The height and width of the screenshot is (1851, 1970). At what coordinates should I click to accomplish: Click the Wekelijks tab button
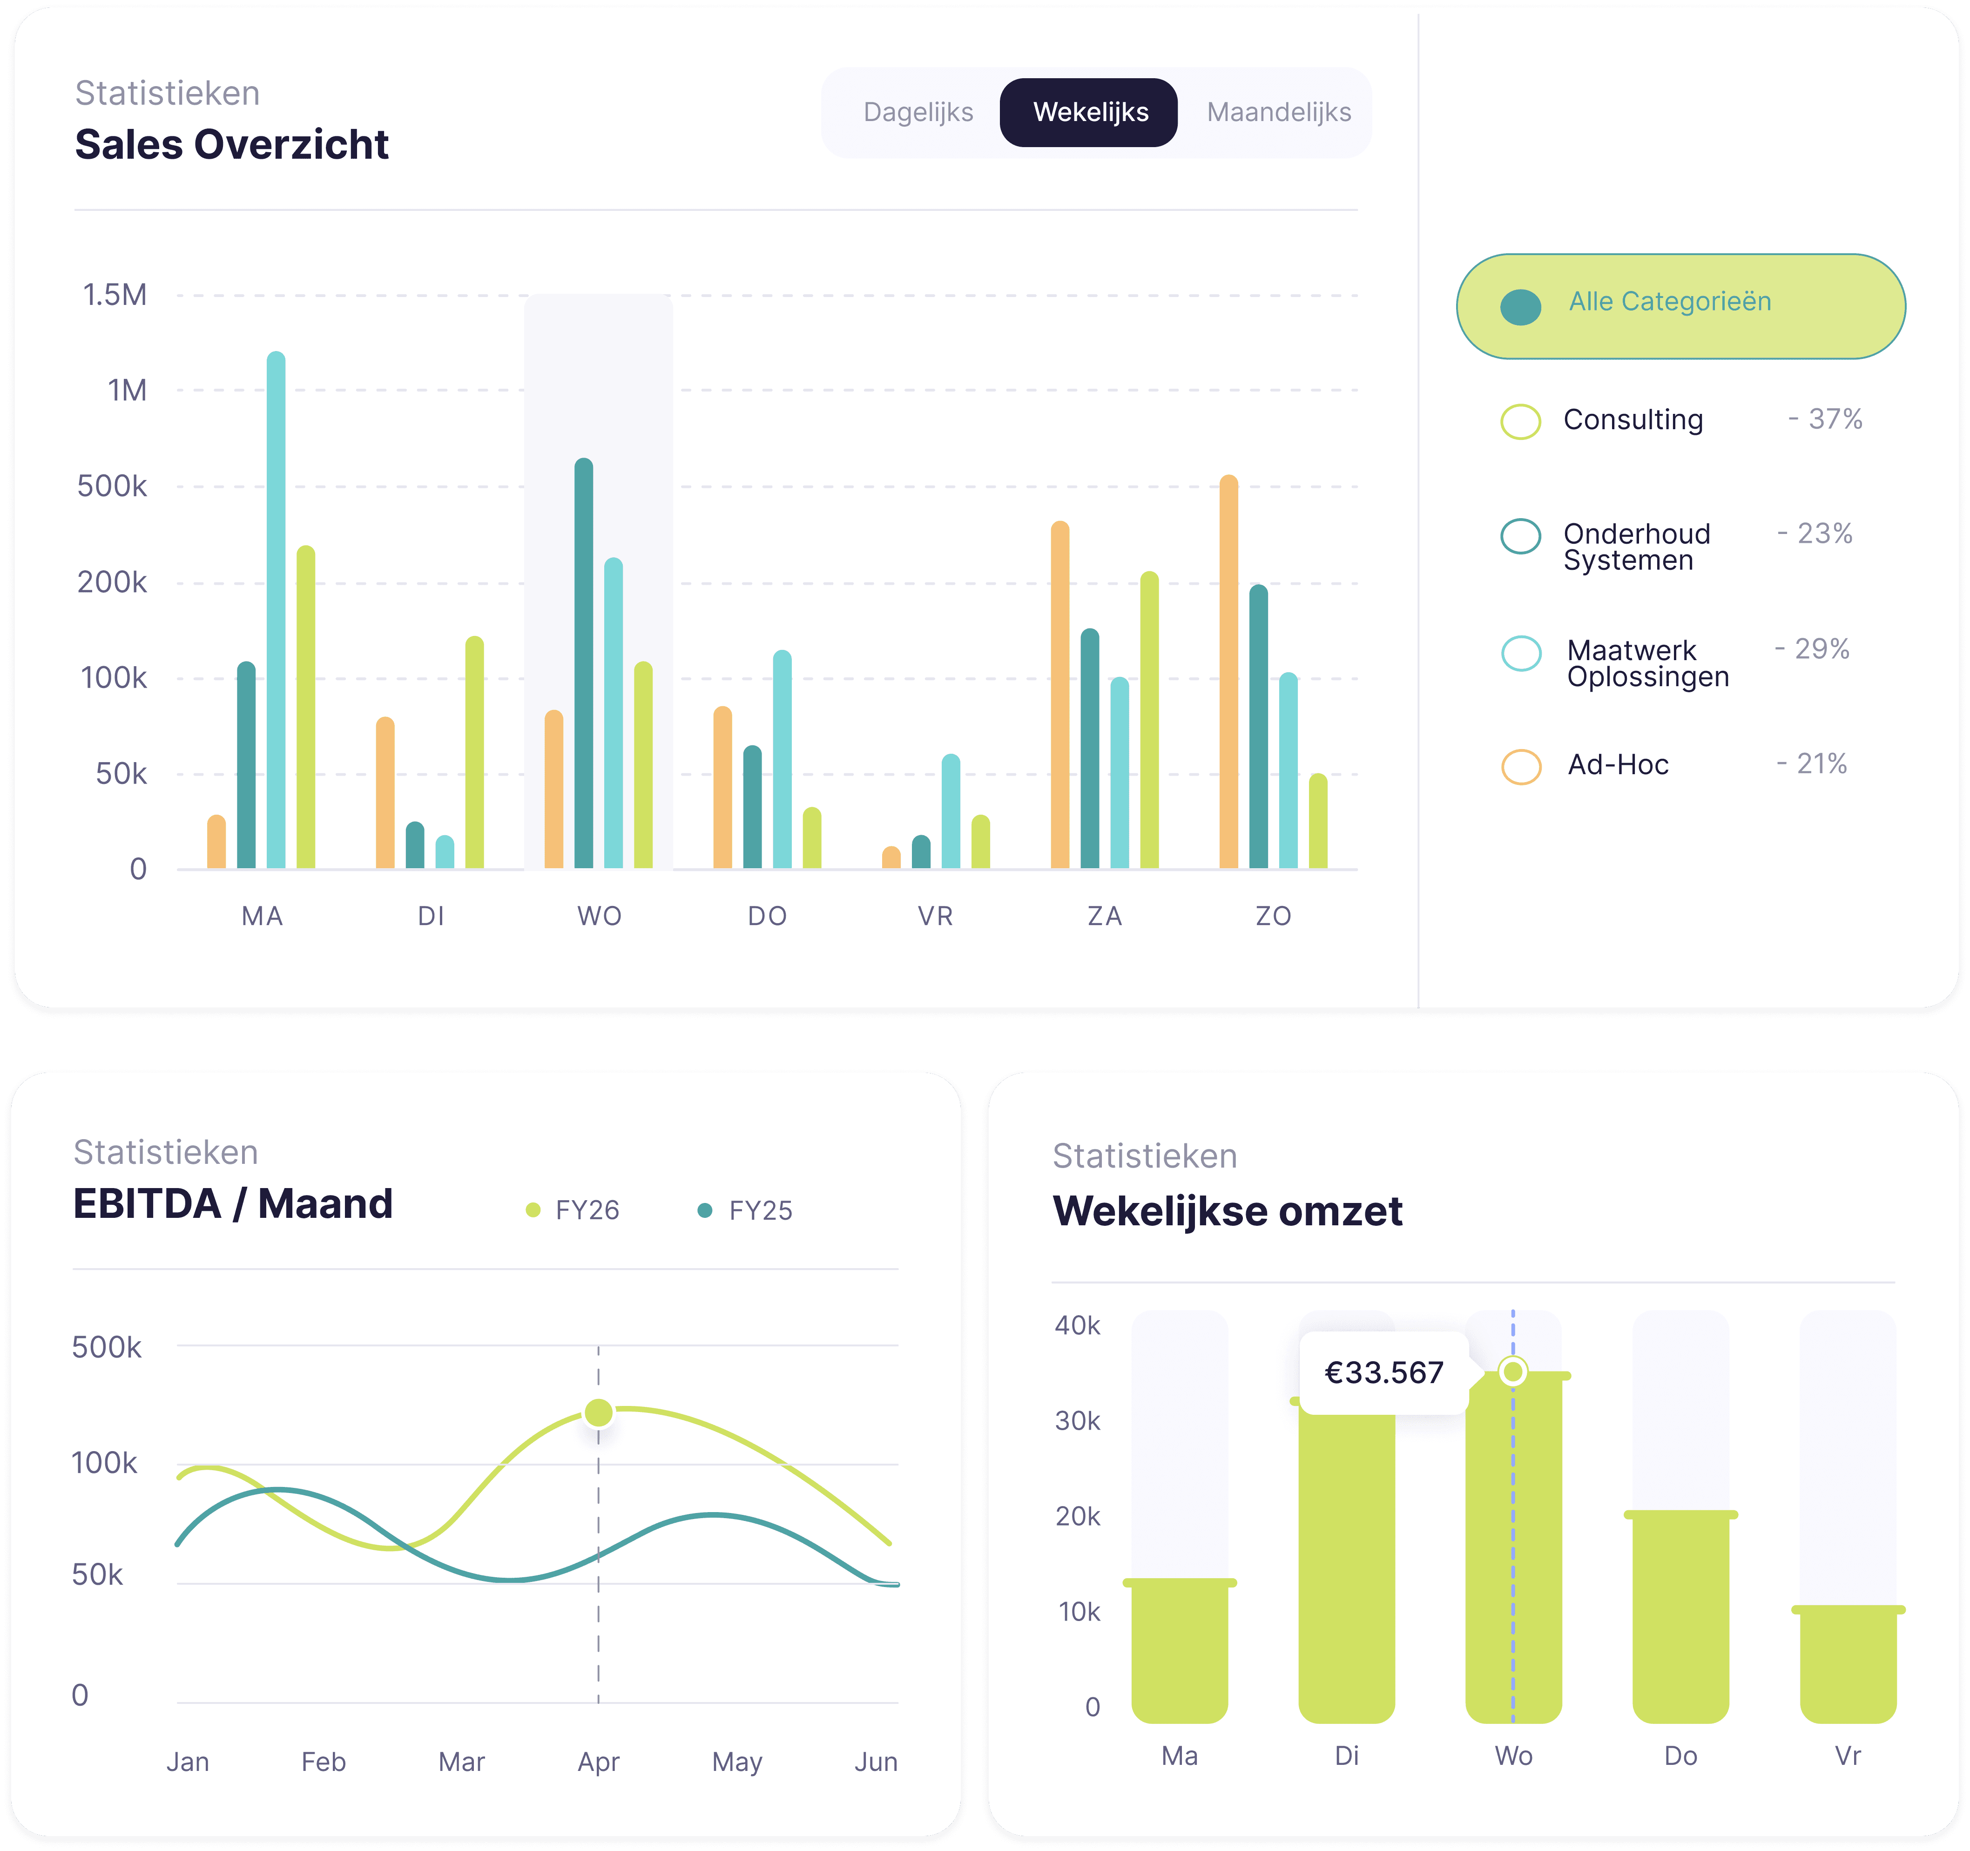click(x=1089, y=112)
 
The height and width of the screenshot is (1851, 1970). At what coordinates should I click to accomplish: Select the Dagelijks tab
click(x=918, y=112)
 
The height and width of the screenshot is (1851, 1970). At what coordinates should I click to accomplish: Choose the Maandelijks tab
click(x=1278, y=112)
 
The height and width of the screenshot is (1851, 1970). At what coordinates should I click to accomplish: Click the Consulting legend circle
click(x=1520, y=421)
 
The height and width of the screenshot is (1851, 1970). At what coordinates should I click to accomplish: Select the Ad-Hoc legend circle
click(x=1520, y=766)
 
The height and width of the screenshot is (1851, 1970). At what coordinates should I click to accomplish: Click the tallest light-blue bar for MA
click(x=276, y=609)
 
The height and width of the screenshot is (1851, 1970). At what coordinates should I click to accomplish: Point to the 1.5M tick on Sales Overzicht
click(x=115, y=295)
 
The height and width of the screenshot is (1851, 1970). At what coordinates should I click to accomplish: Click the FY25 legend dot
click(x=705, y=1210)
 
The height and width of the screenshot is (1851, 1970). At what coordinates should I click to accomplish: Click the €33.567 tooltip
click(x=1383, y=1372)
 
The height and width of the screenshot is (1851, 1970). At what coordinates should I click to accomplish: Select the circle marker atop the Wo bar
click(x=1512, y=1371)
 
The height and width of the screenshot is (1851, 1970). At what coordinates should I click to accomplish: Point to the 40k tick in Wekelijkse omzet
click(x=1077, y=1325)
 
